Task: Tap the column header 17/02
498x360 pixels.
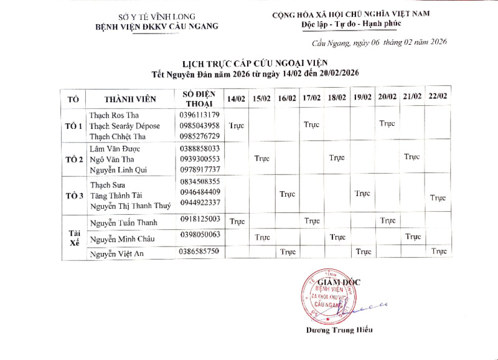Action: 311,98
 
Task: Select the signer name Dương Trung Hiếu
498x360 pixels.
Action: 339,329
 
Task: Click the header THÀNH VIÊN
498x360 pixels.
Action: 130,99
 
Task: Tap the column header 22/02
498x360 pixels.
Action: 438,97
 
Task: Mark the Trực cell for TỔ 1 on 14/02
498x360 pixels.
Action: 237,125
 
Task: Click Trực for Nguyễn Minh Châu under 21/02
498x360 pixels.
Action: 413,237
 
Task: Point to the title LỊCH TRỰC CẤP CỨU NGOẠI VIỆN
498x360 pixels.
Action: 254,63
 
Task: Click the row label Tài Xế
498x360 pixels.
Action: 73,237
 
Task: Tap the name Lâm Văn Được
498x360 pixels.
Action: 115,149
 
